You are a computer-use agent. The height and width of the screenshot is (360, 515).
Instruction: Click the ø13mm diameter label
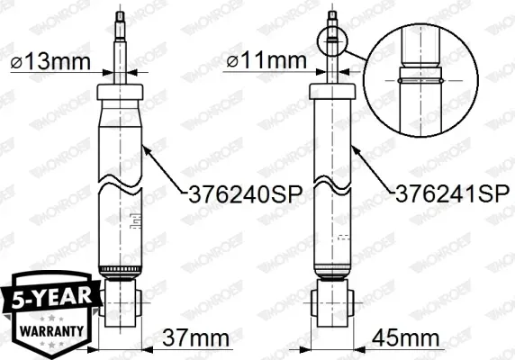coord(50,61)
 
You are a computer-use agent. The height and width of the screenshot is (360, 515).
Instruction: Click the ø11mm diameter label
coord(267,60)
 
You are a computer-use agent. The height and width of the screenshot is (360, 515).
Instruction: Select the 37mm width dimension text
coord(195,337)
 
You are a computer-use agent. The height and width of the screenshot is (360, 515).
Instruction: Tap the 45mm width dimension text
coord(406,337)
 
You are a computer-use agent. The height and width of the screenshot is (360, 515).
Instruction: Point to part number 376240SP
coord(246,194)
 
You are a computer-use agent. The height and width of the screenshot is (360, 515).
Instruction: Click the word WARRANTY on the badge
coord(51,331)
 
